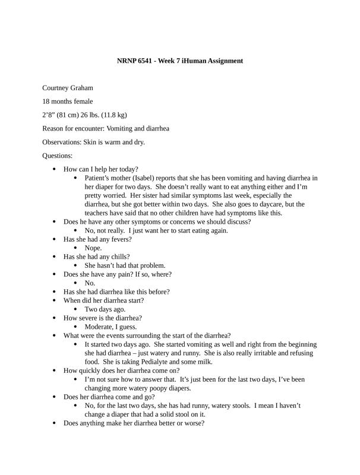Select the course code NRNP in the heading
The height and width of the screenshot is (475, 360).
pos(128,61)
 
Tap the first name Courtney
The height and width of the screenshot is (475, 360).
pos(58,88)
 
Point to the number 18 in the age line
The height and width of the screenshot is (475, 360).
pos(46,102)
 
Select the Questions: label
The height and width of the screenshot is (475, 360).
pos(58,156)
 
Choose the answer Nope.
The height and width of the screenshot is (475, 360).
pos(93,248)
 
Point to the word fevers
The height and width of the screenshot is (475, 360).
pos(119,239)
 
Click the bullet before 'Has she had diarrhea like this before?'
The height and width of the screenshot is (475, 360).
pos(55,292)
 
